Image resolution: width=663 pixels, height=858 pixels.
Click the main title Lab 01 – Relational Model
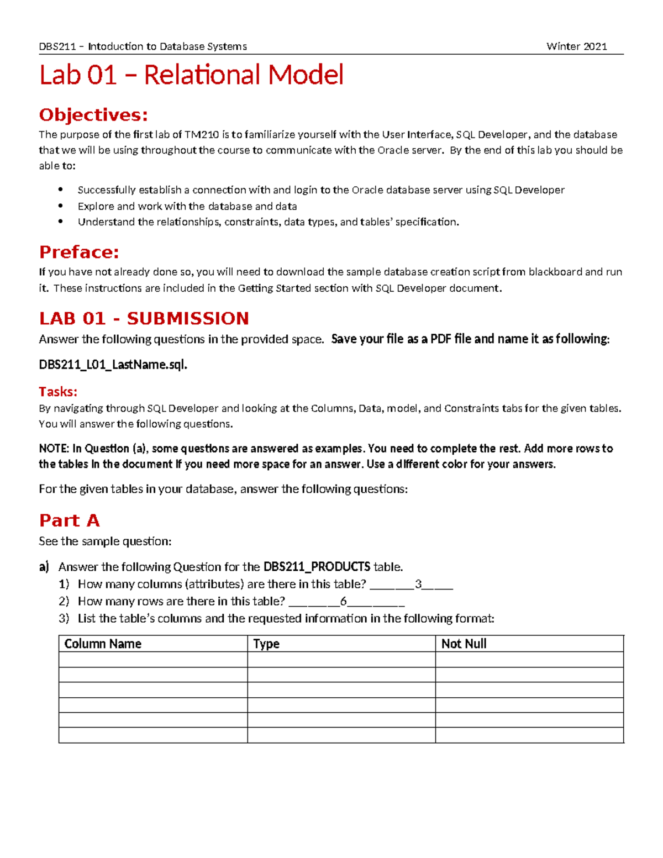pos(191,75)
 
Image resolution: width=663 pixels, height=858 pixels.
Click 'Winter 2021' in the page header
pos(576,46)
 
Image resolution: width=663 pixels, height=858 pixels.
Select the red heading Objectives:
pos(93,115)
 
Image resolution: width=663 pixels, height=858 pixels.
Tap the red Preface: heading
pos(79,252)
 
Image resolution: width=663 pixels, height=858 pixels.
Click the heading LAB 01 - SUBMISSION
pos(144,319)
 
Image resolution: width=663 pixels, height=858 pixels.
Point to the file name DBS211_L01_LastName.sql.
pos(113,365)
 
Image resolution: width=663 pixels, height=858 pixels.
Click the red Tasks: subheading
pos(58,392)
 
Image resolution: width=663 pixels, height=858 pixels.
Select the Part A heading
pos(69,520)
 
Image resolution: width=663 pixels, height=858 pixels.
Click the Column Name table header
pos(103,644)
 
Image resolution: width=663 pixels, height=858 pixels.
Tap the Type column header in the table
pos(266,644)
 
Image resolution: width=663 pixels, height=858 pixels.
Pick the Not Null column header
pos(464,644)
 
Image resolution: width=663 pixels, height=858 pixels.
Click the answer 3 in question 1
pos(418,584)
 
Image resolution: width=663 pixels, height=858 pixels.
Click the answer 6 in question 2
pos(343,601)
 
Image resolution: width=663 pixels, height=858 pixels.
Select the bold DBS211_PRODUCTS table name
pos(317,567)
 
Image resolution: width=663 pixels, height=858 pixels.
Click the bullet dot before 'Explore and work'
pos(61,206)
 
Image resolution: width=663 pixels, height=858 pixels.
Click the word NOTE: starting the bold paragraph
pos(54,449)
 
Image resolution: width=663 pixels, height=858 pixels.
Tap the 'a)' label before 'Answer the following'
pos(44,567)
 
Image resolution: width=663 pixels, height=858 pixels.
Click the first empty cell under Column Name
pos(152,660)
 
